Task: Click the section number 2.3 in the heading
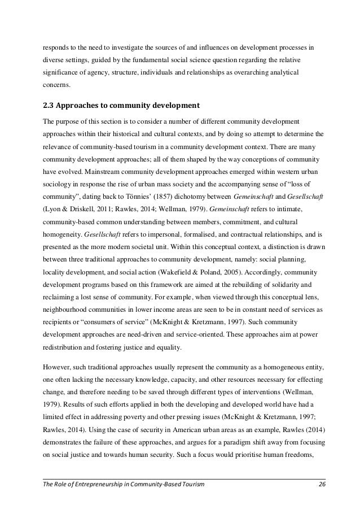click(x=50, y=104)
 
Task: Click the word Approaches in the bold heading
click(x=87, y=104)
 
